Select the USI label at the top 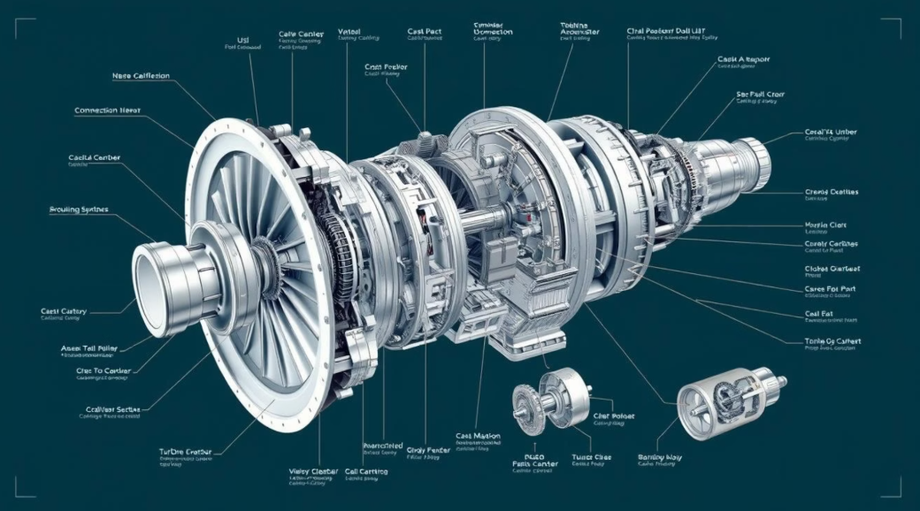click(243, 39)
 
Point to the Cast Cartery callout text click(62, 311)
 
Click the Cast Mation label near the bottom click(479, 437)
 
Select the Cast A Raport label click(743, 60)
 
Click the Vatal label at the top click(349, 32)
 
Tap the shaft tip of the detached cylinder click(782, 381)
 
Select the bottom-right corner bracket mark click(894, 485)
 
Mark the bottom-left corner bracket click(24, 485)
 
